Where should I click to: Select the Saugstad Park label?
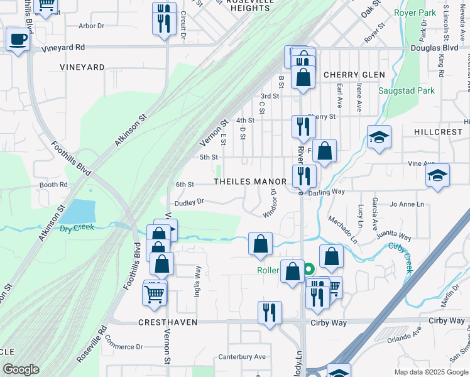[x=406, y=91]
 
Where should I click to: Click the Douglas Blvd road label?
[x=434, y=48]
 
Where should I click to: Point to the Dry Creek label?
[x=77, y=227]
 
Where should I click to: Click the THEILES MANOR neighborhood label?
[x=250, y=182]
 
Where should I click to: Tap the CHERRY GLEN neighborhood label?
[x=354, y=75]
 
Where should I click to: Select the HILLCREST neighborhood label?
[x=438, y=133]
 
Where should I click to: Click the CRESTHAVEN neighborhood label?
[x=168, y=322]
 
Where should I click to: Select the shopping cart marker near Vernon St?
[x=155, y=293]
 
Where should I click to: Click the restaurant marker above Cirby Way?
[x=270, y=311]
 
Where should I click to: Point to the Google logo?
[x=20, y=369]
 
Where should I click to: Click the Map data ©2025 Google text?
[x=430, y=372]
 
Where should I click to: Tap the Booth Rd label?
[x=53, y=185]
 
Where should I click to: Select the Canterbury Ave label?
[x=242, y=357]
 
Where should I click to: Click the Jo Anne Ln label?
[x=407, y=204]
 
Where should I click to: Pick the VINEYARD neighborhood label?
[x=82, y=67]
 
